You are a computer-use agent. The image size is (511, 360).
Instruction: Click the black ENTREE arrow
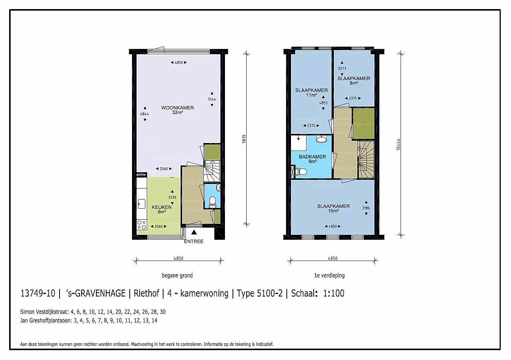tap(194, 232)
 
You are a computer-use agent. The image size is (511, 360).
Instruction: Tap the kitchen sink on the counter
tap(142, 204)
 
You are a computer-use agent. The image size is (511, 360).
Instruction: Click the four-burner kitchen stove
tap(142, 225)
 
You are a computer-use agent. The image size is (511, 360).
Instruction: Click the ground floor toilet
tap(212, 202)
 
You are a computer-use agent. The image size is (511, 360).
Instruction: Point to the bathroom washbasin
tap(321, 139)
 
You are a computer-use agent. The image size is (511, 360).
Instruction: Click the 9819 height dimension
tap(244, 139)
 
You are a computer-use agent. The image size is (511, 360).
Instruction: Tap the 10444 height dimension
tap(398, 145)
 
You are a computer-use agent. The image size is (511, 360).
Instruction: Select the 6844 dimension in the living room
tap(145, 114)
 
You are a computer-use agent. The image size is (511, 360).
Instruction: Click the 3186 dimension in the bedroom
tap(366, 208)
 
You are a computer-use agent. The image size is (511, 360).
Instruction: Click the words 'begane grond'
tap(177, 275)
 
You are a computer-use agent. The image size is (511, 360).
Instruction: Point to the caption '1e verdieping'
tap(329, 275)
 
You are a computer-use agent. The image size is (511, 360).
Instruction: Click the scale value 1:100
tap(334, 293)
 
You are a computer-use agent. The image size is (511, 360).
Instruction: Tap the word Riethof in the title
tap(146, 293)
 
